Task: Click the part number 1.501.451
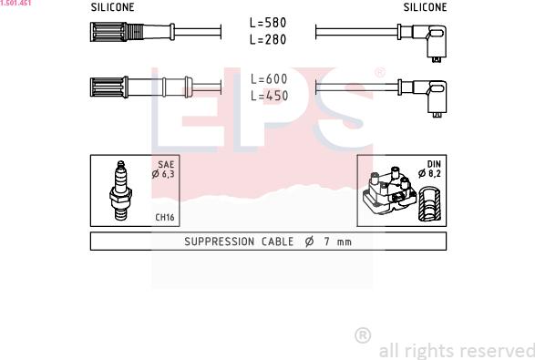point(15,4)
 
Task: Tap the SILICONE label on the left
point(113,7)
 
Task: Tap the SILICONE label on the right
point(425,7)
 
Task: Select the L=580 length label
point(268,24)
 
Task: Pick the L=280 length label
point(268,39)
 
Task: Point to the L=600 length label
point(268,79)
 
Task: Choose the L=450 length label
point(268,96)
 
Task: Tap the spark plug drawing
point(119,190)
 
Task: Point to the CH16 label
point(164,218)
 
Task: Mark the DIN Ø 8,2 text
point(429,169)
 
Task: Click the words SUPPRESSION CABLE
point(239,242)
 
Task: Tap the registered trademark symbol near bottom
point(362,335)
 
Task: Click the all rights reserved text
point(456,351)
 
